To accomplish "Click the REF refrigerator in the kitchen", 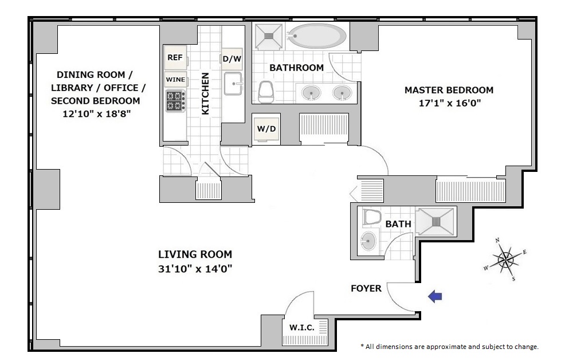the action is point(176,57).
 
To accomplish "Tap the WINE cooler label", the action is point(175,80).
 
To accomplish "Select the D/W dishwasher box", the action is point(232,58).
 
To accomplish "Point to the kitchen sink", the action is point(233,84).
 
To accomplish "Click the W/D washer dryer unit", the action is point(266,129).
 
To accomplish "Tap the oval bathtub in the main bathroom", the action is point(317,36).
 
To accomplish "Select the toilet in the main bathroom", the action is point(266,92).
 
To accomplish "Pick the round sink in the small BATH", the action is point(368,240).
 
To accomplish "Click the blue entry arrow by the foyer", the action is point(435,296).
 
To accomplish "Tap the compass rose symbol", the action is point(505,259).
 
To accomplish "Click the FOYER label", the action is point(366,288).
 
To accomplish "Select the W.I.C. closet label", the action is point(302,328).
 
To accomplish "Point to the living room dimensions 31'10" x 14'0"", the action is point(195,269).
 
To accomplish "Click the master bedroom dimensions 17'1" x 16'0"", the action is point(450,103).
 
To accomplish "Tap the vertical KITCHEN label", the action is point(205,93).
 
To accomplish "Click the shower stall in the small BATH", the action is point(436,222).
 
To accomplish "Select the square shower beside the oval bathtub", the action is point(268,36).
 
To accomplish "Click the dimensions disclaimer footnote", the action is point(449,347).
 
